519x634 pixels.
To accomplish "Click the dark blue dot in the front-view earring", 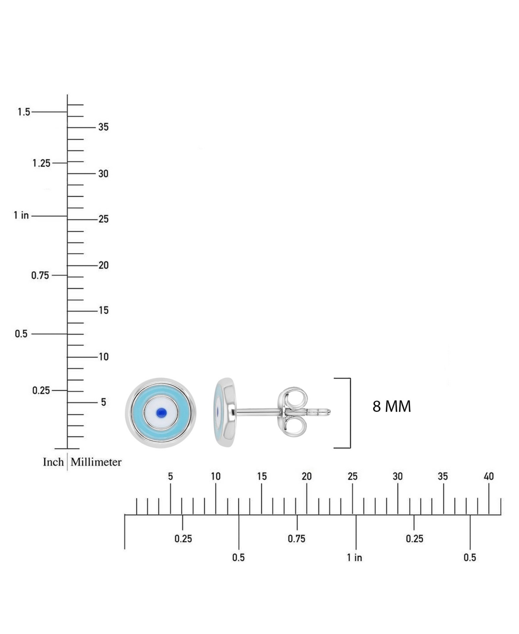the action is [x=161, y=412].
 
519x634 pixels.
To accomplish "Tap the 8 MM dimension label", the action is [x=391, y=406].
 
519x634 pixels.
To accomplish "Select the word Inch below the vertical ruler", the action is [x=53, y=462].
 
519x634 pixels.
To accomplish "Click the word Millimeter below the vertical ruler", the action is [x=96, y=462].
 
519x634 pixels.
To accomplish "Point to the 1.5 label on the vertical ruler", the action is [x=24, y=112].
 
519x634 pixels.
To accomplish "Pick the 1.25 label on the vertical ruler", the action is [x=42, y=163].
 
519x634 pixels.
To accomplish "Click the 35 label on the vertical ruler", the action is [x=103, y=127].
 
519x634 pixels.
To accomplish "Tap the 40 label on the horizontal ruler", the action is [x=489, y=476].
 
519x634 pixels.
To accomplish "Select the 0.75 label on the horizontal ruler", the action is [x=296, y=538].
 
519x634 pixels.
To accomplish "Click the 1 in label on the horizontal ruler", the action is [x=354, y=558].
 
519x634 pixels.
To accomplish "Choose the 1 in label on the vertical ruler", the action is [x=21, y=215].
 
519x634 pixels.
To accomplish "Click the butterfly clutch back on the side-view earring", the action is [x=292, y=412].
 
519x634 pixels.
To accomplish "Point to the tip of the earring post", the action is [x=330, y=411].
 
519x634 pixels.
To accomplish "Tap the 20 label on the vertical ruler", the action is [x=103, y=265].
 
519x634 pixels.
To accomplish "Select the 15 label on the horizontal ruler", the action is [x=262, y=476].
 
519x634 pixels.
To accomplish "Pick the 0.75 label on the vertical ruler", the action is [x=40, y=275].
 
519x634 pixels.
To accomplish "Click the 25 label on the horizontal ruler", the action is [x=352, y=476].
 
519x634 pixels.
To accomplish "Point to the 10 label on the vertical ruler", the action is [x=103, y=357].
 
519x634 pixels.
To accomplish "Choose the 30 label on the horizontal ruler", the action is [x=397, y=476].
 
